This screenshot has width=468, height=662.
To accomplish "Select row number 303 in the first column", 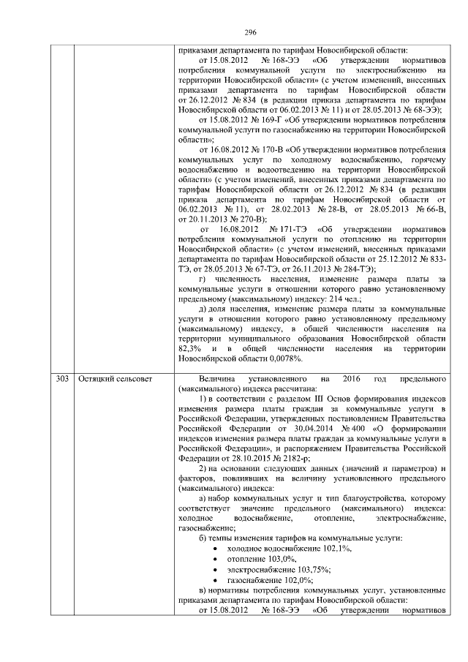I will click(x=62, y=380).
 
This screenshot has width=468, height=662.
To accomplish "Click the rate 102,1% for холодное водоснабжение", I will click(x=315, y=548).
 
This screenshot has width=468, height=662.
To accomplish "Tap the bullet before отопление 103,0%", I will click(x=213, y=558).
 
